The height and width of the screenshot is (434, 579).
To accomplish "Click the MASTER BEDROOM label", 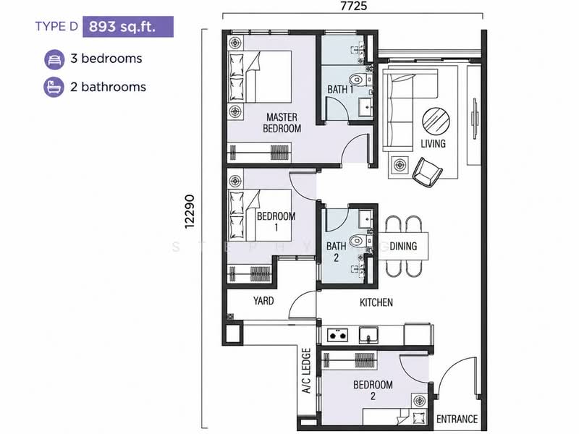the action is coord(282,123).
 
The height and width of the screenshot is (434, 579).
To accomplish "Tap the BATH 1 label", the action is coord(340,89).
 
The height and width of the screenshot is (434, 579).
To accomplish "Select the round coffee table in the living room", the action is coord(436,122).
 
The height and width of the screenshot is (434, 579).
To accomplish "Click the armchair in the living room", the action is coord(427,172).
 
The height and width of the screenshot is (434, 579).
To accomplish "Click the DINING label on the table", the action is coord(403,246).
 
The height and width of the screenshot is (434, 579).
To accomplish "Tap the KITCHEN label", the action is coord(376,302).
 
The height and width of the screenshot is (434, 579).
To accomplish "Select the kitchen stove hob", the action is coord(337,335).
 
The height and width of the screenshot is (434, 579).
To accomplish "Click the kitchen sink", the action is coord(368,335).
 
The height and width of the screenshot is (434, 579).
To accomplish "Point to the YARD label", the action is coord(263,301).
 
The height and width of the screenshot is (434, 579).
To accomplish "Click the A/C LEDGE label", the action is coord(307,371).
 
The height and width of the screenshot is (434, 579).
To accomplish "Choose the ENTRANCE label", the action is coord(457,420).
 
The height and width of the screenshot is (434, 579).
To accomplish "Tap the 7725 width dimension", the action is coord(353,7).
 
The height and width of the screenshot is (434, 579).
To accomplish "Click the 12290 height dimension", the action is coord(189,212).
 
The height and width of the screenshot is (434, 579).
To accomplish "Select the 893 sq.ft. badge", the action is coord(128,27).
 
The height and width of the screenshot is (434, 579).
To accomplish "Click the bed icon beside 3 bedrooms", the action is coord(54,59).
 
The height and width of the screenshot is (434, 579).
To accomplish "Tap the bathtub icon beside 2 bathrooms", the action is coord(54,87).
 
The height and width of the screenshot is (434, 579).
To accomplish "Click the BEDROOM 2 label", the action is coord(373,390).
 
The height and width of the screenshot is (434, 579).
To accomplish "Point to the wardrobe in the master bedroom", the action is coord(259,152).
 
